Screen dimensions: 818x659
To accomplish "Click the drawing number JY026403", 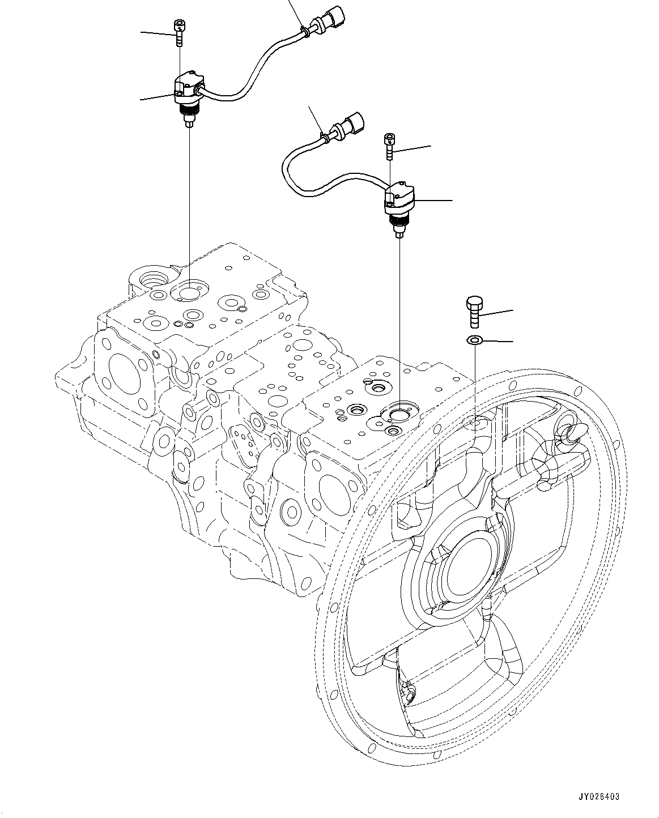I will tap(599, 796).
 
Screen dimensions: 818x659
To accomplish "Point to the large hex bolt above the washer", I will tap(474, 312).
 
